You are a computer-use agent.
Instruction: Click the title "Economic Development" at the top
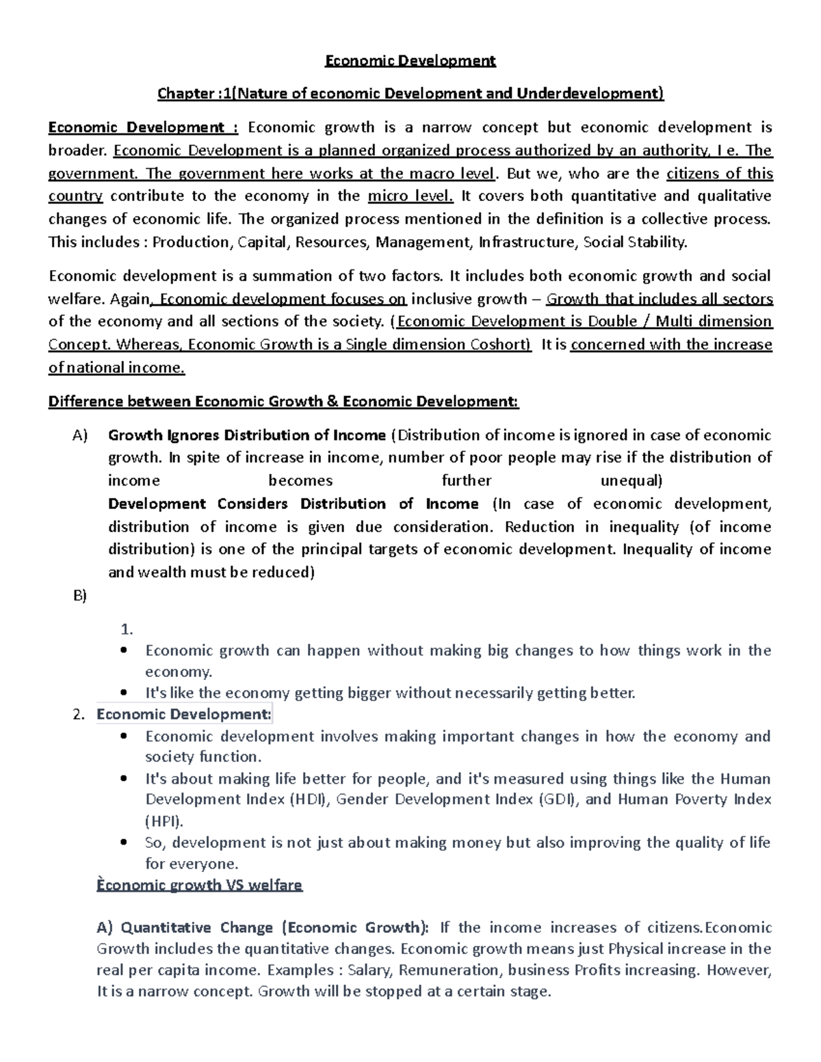pos(410,61)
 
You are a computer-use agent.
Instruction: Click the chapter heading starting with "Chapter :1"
pos(410,93)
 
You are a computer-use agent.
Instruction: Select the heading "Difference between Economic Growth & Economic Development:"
pos(283,401)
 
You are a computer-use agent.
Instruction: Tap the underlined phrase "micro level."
pos(410,196)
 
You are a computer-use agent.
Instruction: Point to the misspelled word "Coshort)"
pos(503,345)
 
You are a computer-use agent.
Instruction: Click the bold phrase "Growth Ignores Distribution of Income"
pos(247,436)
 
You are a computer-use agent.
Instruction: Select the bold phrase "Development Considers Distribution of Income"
pos(294,504)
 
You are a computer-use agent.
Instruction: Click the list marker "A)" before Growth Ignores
pos(80,436)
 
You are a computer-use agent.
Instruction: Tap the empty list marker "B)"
pos(80,596)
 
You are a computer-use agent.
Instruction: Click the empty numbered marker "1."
pos(126,629)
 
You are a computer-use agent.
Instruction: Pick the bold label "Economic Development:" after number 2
pos(184,715)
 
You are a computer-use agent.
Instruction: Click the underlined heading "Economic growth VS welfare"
pos(199,885)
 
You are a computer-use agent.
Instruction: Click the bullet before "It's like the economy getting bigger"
pos(124,693)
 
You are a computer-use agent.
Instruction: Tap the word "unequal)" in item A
pos(631,481)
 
